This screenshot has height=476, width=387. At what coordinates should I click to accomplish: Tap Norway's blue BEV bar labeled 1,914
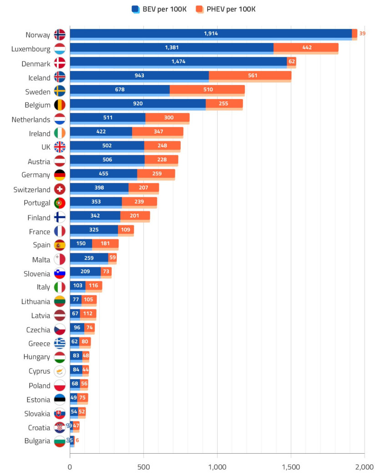click(210, 34)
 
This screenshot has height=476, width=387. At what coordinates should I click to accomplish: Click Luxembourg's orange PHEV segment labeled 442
click(306, 48)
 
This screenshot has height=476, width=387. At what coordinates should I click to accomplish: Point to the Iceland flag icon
click(60, 77)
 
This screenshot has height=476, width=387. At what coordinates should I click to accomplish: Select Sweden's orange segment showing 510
click(207, 90)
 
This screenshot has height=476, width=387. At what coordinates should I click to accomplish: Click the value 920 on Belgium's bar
click(137, 104)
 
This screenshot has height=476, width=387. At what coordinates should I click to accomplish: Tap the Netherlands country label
click(31, 120)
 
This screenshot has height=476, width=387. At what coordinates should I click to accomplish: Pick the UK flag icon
click(60, 147)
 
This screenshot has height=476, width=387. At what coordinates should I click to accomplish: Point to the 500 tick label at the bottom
click(143, 467)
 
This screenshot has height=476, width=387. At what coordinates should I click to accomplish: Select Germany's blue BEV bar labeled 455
click(103, 174)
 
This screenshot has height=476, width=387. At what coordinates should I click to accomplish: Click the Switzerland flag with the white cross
click(60, 189)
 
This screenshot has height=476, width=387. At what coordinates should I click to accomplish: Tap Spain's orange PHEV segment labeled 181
click(105, 244)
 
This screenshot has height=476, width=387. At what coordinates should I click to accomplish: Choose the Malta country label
click(41, 259)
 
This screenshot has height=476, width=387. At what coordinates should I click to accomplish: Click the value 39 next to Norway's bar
click(362, 34)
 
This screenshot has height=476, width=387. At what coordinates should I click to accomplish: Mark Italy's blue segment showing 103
click(77, 286)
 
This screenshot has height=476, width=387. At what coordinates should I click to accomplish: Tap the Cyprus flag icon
click(60, 371)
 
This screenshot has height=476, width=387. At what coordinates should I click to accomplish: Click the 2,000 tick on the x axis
click(364, 467)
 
